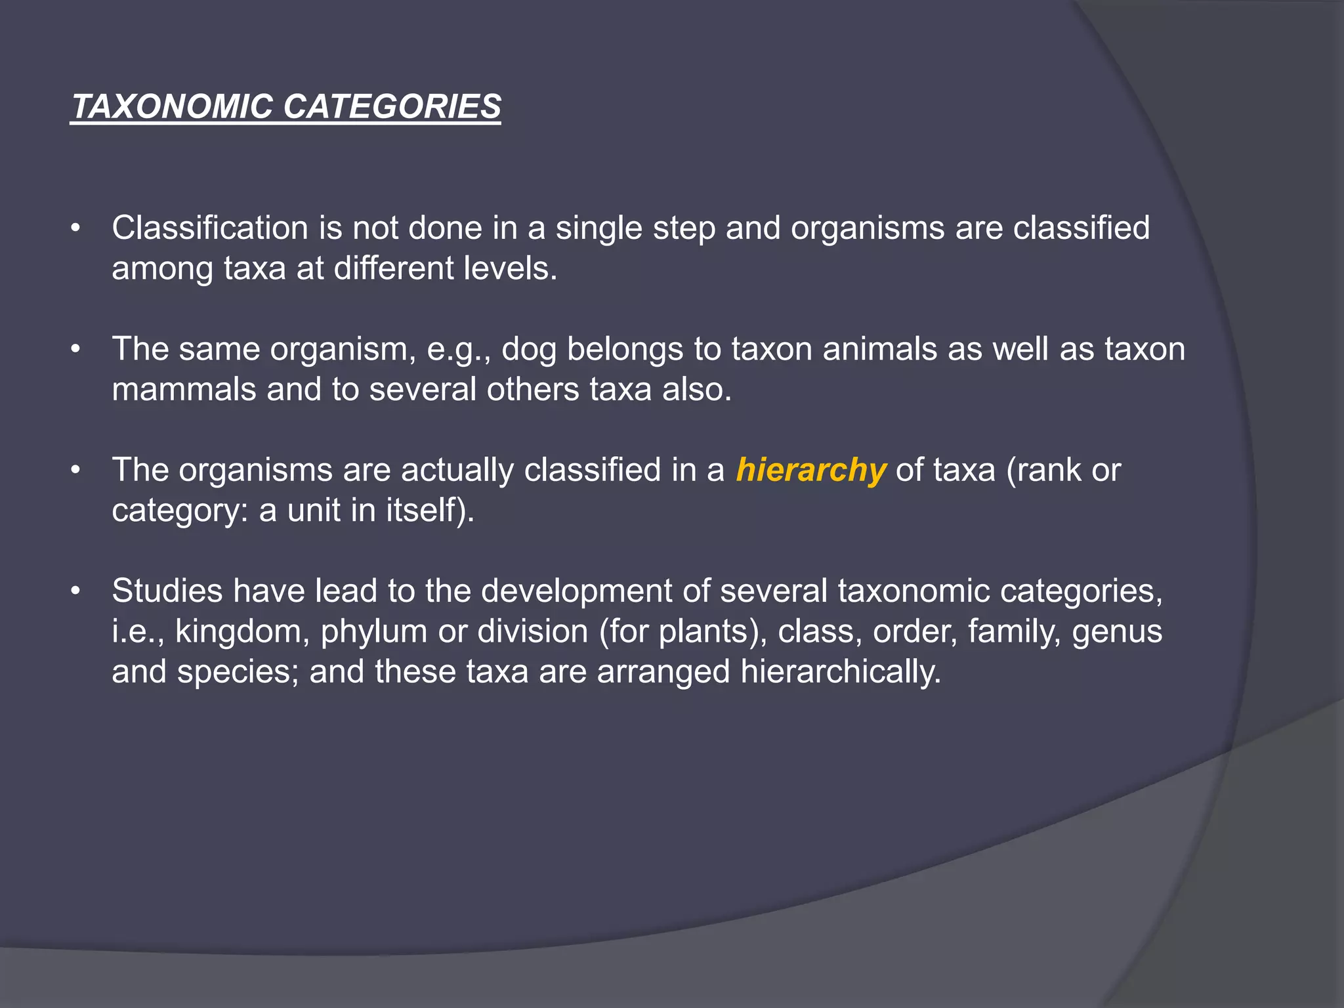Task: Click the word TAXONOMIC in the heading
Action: pos(172,106)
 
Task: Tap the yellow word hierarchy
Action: pos(810,471)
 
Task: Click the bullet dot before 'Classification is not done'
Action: pos(76,229)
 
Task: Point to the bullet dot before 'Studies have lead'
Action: pos(76,591)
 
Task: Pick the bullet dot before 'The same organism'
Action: pos(76,350)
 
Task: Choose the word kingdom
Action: pos(242,632)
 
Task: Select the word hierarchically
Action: pos(841,673)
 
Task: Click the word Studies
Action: pos(167,591)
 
